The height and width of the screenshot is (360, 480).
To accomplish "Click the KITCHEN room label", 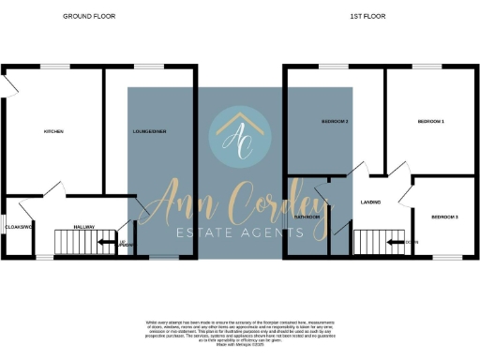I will [x=53, y=131].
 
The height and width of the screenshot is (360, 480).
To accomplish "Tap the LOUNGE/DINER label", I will [x=150, y=131].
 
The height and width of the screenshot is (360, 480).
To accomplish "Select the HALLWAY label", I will [x=85, y=226].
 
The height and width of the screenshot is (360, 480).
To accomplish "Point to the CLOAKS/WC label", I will [x=19, y=227].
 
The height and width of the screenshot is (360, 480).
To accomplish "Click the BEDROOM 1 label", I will [x=430, y=122].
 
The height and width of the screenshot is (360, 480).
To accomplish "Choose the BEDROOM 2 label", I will [x=335, y=122].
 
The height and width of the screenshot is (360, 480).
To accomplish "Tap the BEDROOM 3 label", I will [x=444, y=217].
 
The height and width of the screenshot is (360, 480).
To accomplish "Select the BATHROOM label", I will [x=307, y=217].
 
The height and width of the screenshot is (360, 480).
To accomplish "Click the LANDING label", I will [x=369, y=202].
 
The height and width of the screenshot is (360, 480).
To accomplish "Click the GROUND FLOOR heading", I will [x=83, y=16].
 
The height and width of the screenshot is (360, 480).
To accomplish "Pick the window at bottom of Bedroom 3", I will [x=447, y=257].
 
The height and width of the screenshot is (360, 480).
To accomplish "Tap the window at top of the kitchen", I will [x=54, y=66].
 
